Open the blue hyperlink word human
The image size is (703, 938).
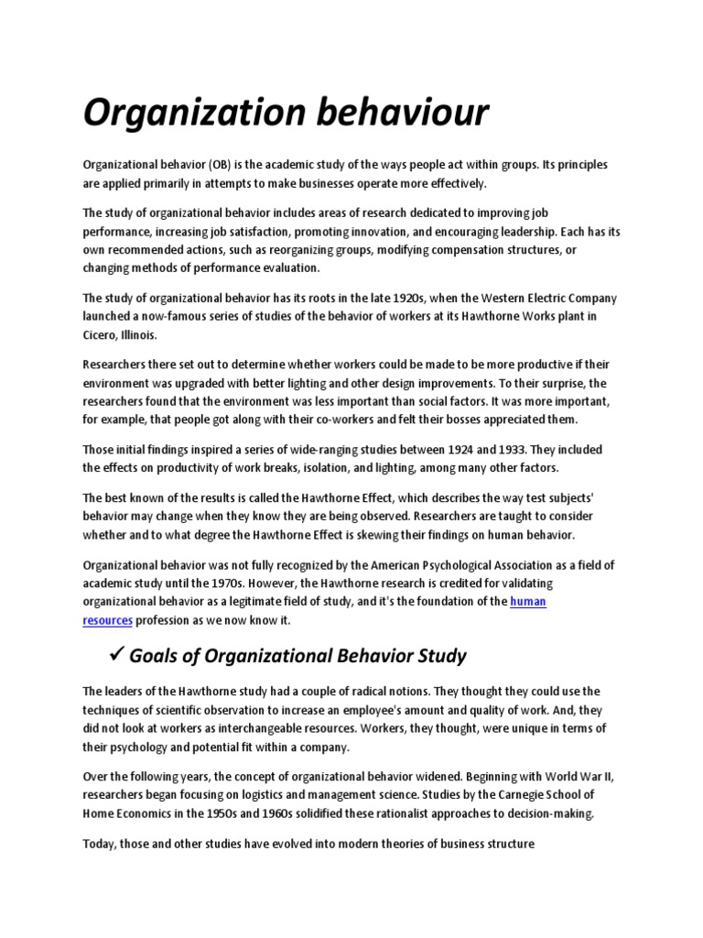[527, 601]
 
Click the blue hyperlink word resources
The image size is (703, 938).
[108, 619]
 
